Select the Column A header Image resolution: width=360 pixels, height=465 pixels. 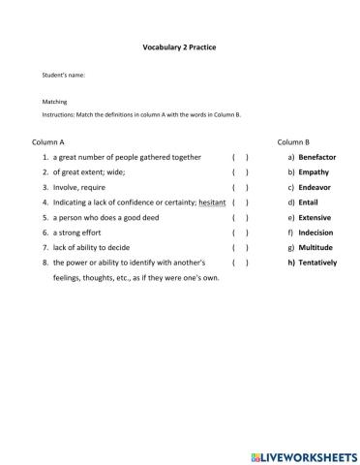point(47,141)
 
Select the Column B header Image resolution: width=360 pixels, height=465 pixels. point(293,141)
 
